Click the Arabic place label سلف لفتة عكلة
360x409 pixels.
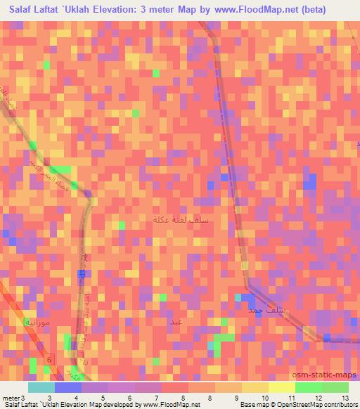(x=181, y=221)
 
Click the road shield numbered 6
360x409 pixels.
(x=49, y=360)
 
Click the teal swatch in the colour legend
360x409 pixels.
(x=41, y=387)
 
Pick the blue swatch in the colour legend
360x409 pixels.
(x=67, y=387)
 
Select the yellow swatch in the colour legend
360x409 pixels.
(x=281, y=387)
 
